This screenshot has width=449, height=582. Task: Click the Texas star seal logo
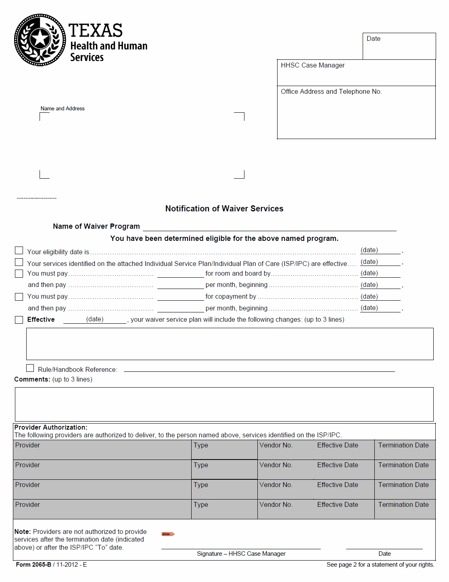click(40, 40)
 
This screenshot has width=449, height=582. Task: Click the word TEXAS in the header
click(95, 31)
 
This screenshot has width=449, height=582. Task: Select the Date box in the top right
click(399, 46)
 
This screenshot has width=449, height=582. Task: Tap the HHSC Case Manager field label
click(313, 65)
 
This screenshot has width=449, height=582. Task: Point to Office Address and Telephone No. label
click(331, 92)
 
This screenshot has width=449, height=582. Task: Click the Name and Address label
click(63, 109)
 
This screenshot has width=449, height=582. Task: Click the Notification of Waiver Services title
click(224, 209)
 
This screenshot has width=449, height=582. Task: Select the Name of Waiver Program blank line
click(269, 227)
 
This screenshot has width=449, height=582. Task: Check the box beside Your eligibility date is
click(19, 251)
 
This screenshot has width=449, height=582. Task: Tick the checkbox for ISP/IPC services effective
click(19, 262)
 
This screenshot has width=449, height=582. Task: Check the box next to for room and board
click(19, 274)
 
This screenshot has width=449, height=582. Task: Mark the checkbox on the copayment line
click(19, 297)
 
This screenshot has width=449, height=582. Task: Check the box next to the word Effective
click(19, 320)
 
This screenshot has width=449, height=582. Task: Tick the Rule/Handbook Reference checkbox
click(30, 368)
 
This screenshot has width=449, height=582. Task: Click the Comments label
click(32, 380)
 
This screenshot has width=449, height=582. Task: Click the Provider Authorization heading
click(51, 428)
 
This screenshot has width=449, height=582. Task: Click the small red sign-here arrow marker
click(168, 534)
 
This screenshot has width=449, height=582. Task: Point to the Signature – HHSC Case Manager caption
click(241, 554)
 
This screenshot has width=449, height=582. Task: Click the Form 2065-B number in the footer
click(33, 565)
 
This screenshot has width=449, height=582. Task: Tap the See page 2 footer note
click(380, 565)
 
